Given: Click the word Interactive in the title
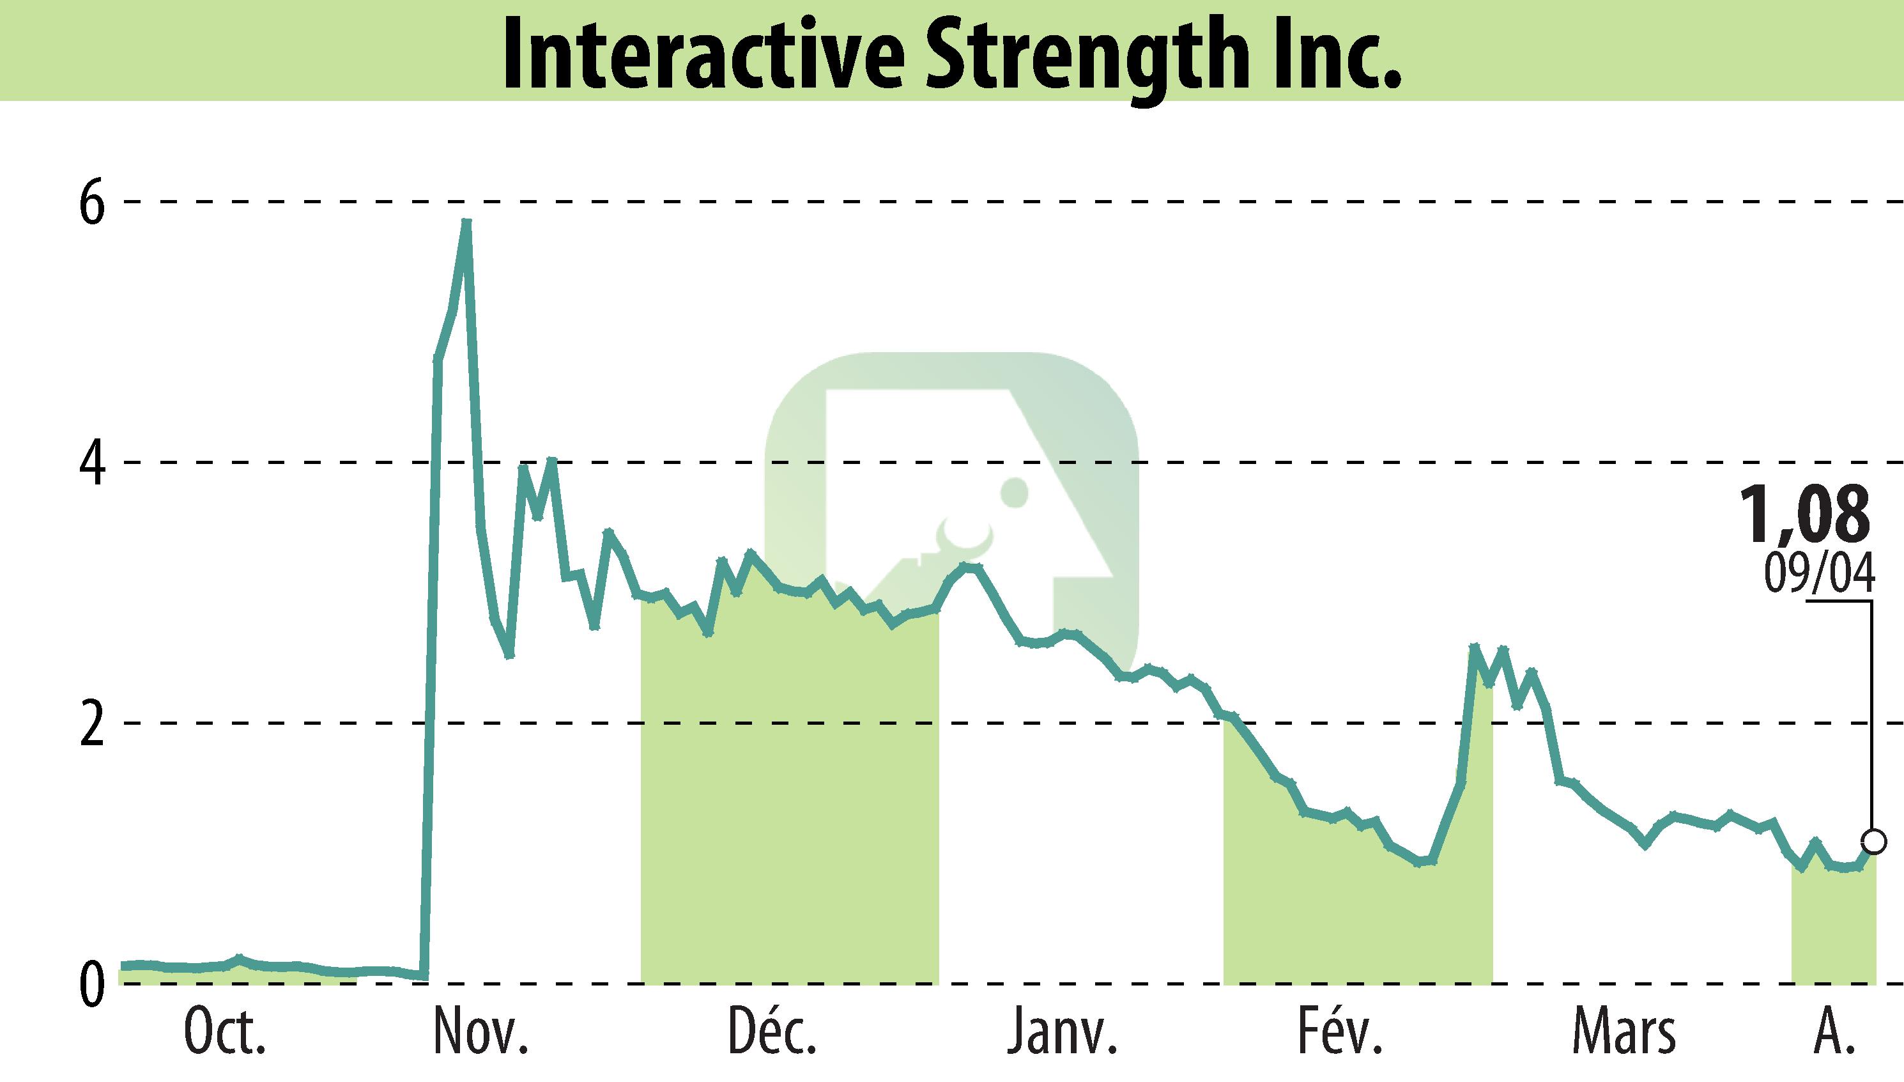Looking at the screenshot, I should coord(702,54).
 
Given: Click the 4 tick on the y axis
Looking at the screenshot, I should coord(92,462).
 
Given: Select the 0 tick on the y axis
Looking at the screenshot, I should coord(92,984).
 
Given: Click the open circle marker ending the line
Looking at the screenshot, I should coord(1873,842).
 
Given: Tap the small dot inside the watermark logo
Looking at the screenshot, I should coord(1014,492).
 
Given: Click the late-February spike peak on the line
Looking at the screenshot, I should coord(1475,647).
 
